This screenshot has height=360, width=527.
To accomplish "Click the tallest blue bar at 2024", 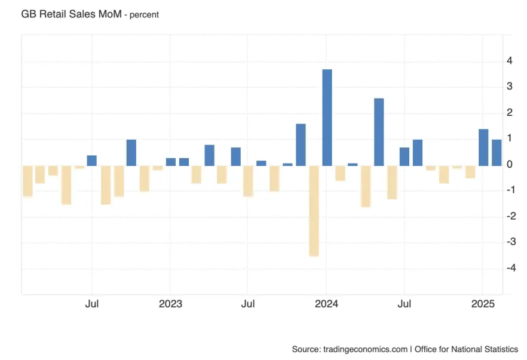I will coord(327,118).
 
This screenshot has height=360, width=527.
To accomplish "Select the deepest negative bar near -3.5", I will coord(314,210).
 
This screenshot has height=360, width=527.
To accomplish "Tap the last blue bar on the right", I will coord(497,152).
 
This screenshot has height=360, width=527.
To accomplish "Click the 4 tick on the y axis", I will coord(509,61).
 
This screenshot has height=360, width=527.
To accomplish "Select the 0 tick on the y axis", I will coord(509,164).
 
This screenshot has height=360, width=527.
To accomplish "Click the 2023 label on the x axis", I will coord(170,304).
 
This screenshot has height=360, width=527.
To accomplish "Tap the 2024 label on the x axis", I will coord(326,304).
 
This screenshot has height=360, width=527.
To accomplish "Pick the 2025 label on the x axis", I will coord(483,304).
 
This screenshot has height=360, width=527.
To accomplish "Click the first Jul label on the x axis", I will coord(91,304).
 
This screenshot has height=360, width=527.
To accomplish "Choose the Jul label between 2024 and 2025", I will coord(405,304).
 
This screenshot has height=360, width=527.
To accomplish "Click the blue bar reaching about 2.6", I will coord(379,132).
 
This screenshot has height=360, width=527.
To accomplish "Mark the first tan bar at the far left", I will coord(27,181).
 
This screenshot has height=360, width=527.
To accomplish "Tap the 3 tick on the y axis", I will coord(509,87).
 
